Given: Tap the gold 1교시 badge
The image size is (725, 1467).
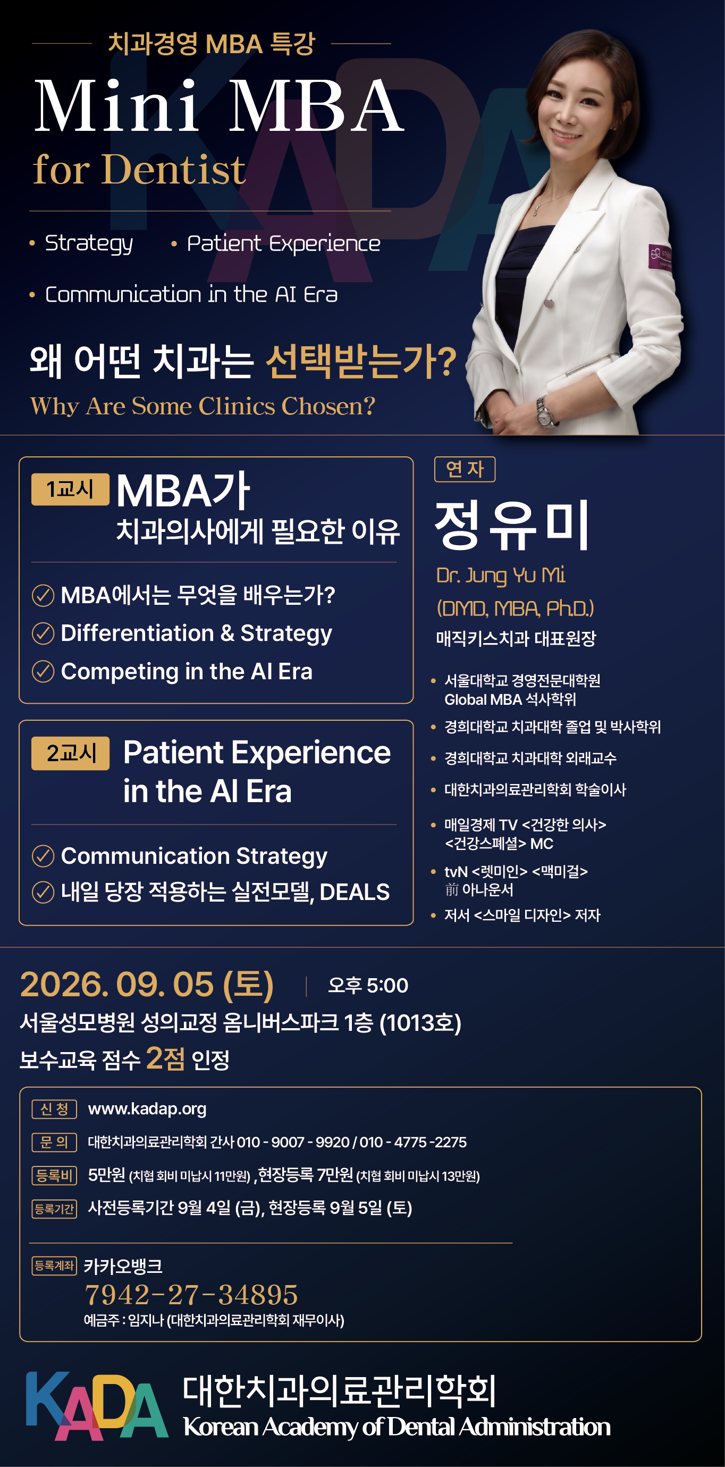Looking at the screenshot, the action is click(x=70, y=489).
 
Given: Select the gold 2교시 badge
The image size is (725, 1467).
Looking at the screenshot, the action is click(x=70, y=753).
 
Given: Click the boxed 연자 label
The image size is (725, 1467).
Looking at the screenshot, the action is click(x=465, y=469).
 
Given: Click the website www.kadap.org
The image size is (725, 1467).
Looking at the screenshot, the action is click(x=147, y=1109).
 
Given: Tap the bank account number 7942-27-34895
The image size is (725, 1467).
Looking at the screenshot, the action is click(x=191, y=1295).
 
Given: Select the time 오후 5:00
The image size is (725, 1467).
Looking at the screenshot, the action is click(x=368, y=986).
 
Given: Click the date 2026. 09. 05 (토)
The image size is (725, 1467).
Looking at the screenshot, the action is click(x=147, y=985).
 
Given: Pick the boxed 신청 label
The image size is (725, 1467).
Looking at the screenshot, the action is click(x=54, y=1110).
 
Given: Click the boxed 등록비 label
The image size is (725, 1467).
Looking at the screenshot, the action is click(x=54, y=1176).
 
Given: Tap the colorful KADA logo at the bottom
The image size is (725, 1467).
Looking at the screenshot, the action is click(x=97, y=1405).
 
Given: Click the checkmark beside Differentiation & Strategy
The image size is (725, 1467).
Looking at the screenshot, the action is click(x=43, y=634).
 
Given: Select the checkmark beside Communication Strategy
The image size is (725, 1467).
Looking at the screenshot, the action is click(x=43, y=856).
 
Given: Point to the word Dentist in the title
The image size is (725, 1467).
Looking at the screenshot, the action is click(x=174, y=169).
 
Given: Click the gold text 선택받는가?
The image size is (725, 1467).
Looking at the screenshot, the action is click(x=361, y=361).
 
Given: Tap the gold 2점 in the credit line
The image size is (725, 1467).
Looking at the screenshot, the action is click(x=165, y=1059).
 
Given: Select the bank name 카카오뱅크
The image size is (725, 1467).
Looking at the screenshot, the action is click(x=123, y=1266).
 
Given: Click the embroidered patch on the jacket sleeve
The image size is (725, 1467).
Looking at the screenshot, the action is click(x=660, y=257).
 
